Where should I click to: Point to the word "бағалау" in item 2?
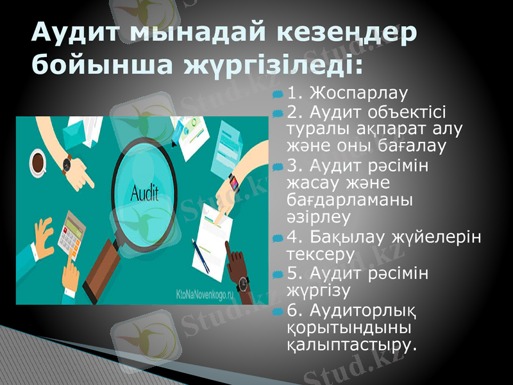[x=412, y=146]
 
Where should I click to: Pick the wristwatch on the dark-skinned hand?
[x=242, y=284]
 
